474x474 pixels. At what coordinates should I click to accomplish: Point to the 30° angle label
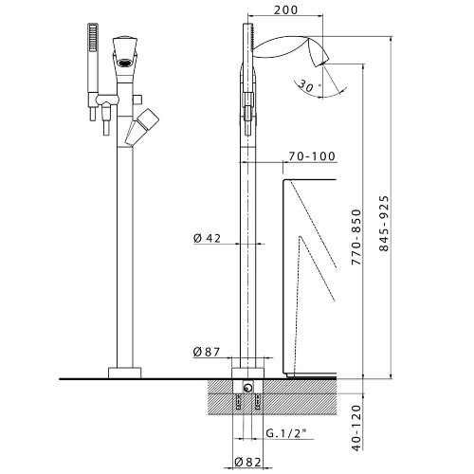click(x=306, y=85)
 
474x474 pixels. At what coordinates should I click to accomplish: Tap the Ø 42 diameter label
click(x=207, y=238)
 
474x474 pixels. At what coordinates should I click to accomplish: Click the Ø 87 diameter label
click(x=207, y=353)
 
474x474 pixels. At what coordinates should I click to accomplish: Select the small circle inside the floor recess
click(x=248, y=387)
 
